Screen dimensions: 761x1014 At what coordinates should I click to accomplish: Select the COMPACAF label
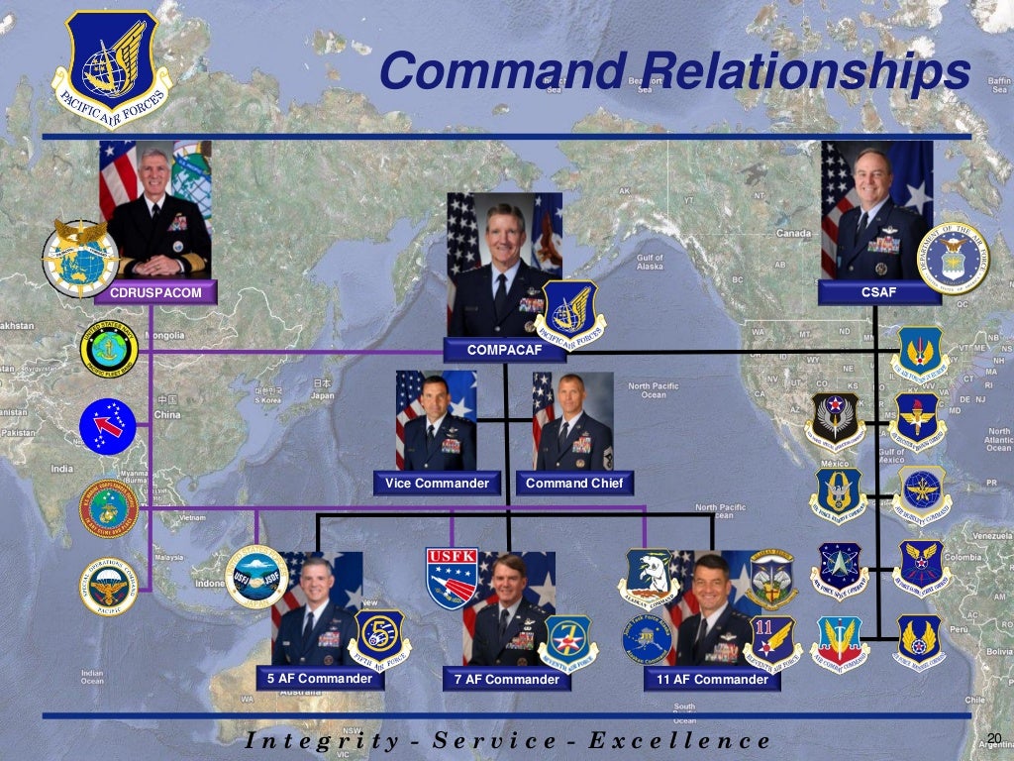(x=505, y=350)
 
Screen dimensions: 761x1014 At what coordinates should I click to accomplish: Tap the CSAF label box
(x=871, y=291)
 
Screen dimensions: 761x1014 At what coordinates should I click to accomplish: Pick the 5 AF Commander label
(x=319, y=679)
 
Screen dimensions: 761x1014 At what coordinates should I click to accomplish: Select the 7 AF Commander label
(x=506, y=680)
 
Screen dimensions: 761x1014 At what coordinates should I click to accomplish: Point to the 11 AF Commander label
(x=706, y=680)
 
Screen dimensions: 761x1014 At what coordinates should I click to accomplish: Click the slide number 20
(x=995, y=736)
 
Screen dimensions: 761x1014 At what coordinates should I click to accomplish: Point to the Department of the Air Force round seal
(x=953, y=259)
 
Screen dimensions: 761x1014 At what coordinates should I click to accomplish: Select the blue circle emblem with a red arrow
(x=108, y=426)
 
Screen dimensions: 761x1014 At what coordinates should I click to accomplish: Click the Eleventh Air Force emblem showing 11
(x=774, y=640)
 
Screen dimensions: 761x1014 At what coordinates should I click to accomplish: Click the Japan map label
(x=323, y=393)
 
